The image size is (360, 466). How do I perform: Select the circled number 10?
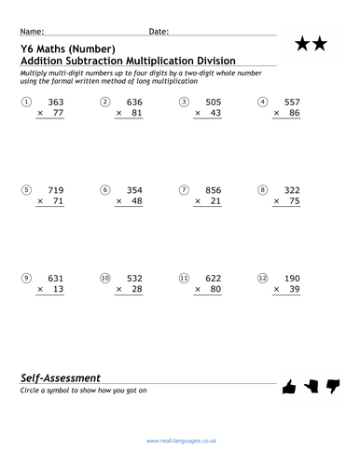tap(104, 277)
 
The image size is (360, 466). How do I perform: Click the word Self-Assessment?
tap(60, 377)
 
